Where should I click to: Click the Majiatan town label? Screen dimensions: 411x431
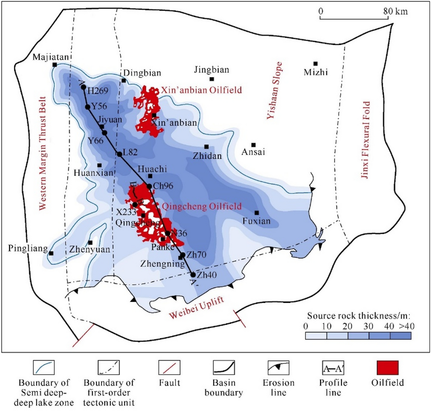pyautogui.click(x=50, y=57)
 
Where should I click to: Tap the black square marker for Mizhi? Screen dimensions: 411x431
pyautogui.click(x=315, y=63)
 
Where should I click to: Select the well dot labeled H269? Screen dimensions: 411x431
pyautogui.click(x=84, y=87)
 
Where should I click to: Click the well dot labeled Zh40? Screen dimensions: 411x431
pyautogui.click(x=193, y=275)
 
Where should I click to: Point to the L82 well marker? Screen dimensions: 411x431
pyautogui.click(x=120, y=154)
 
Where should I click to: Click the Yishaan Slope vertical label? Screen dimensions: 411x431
pyautogui.click(x=274, y=91)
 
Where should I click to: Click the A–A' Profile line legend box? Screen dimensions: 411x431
pyautogui.click(x=333, y=368)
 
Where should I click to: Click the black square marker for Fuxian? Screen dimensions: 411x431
pyautogui.click(x=257, y=213)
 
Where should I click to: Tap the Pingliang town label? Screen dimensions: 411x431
pyautogui.click(x=27, y=249)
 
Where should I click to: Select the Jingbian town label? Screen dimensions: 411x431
pyautogui.click(x=211, y=70)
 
